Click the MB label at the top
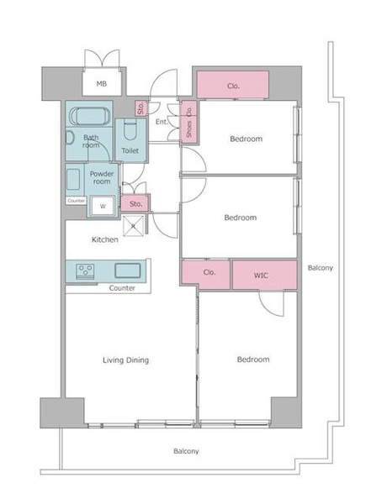click(x=102, y=84)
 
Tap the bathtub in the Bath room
click(x=90, y=116)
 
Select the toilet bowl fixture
click(x=130, y=129)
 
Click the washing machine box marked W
click(x=103, y=206)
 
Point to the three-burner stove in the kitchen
click(x=85, y=270)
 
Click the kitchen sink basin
click(x=128, y=270)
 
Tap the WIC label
click(x=261, y=276)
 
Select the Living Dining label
click(x=125, y=360)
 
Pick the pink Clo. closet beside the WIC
click(x=206, y=274)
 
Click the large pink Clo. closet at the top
click(x=233, y=85)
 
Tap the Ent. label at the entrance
click(x=162, y=122)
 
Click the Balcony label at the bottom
click(x=186, y=451)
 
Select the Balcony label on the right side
click(x=321, y=268)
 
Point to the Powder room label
click(x=102, y=177)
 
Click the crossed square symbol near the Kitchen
click(x=133, y=226)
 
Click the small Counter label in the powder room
click(x=77, y=201)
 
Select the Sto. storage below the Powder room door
click(x=135, y=204)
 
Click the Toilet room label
click(x=130, y=150)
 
